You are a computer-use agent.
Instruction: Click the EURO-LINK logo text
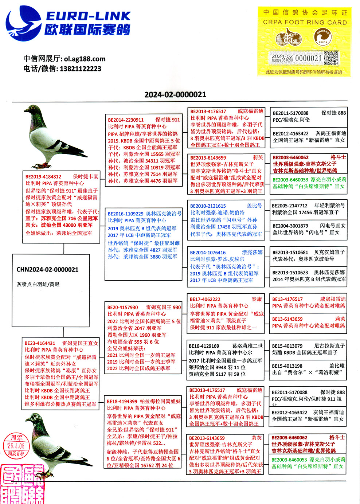(x=88, y=16)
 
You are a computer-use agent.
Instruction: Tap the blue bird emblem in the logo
(x=24, y=24)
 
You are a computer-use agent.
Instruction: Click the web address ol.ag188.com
(x=85, y=59)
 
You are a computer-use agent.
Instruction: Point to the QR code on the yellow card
(x=331, y=58)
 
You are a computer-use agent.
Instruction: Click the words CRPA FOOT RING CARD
(x=305, y=22)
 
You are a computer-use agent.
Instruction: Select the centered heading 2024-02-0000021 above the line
(x=175, y=95)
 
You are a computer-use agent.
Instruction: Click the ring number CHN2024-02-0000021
(x=47, y=270)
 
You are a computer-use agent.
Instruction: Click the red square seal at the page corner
(x=22, y=485)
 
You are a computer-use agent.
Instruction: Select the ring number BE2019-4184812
(x=43, y=177)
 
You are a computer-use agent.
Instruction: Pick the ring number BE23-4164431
(x=40, y=343)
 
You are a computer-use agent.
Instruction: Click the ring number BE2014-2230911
(x=126, y=120)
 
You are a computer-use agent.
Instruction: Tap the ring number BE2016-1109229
(x=125, y=214)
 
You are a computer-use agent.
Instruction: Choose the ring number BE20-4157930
(x=123, y=307)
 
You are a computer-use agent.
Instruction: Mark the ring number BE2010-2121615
(x=208, y=206)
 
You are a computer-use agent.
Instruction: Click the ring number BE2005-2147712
(x=290, y=206)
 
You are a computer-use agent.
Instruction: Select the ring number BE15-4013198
(x=287, y=366)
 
